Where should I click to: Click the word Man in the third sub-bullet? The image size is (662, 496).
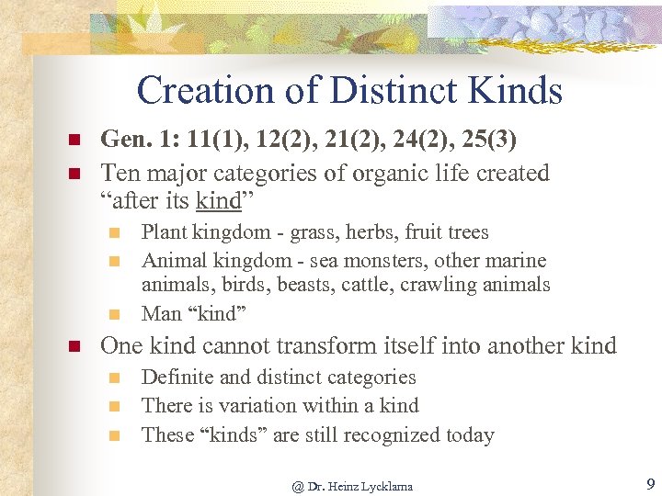point(162,313)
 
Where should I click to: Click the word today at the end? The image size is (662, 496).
point(469,434)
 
